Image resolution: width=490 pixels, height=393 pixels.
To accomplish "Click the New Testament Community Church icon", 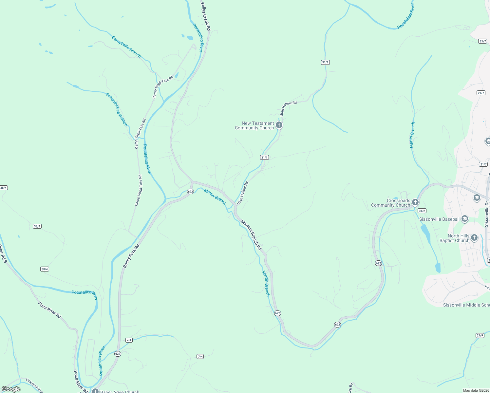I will point(279,125).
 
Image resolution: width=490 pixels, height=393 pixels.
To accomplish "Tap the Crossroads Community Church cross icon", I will point(415,202).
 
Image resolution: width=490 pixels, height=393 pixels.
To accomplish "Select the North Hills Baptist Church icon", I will point(474,237).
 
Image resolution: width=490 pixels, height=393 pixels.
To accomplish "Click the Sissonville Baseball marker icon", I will point(464,219).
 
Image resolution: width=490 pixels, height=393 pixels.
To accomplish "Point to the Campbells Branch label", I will point(126,47).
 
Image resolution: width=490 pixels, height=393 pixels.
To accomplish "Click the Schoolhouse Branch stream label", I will point(117,109).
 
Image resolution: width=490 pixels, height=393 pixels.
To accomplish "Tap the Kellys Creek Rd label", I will point(205,17).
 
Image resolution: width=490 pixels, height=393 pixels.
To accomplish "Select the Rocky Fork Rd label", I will point(131,256).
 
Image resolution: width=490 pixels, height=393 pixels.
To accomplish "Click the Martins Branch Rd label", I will point(251,235).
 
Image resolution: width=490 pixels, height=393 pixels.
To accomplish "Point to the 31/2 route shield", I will point(422,211).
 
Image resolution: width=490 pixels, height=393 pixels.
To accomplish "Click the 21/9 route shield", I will point(480,335).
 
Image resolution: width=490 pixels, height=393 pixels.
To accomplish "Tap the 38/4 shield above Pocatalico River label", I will point(45,269).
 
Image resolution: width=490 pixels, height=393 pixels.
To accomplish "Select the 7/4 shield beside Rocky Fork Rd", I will point(129,340).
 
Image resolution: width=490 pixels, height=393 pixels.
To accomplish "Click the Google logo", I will point(11,389).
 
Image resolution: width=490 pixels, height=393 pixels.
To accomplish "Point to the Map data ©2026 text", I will point(476,390).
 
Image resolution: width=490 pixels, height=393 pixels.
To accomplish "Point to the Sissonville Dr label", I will point(487,214).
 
